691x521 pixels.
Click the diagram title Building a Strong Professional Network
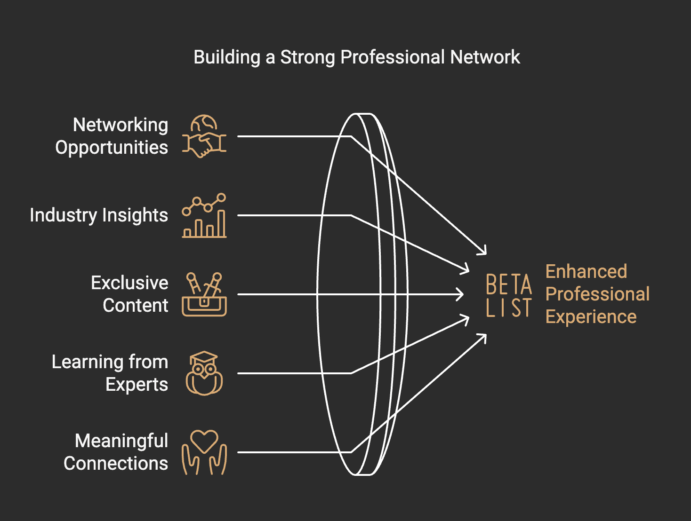[356, 57]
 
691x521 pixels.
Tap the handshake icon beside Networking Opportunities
[204, 137]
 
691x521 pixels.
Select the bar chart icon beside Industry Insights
[204, 216]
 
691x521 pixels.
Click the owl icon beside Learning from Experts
[204, 373]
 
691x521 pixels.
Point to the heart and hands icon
[204, 452]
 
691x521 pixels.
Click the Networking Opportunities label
[112, 136]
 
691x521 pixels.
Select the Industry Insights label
[99, 215]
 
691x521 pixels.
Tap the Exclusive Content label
[129, 294]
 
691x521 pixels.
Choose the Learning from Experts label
[110, 373]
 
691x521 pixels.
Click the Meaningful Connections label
[116, 452]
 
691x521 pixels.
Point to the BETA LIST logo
[509, 296]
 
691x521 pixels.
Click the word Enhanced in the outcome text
[586, 272]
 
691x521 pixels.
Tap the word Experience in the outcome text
[591, 317]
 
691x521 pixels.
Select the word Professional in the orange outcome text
[597, 294]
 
